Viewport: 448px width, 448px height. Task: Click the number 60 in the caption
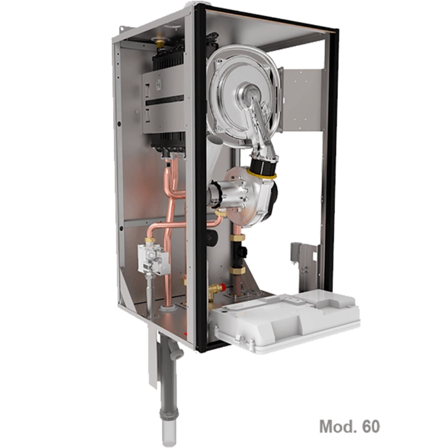pyautogui.click(x=371, y=426)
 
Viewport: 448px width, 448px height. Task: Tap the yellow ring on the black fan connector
pyautogui.click(x=262, y=174)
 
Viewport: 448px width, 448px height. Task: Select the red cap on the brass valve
pyautogui.click(x=223, y=286)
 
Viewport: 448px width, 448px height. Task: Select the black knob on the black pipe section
pyautogui.click(x=243, y=251)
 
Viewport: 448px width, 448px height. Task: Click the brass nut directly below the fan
pyautogui.click(x=237, y=237)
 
